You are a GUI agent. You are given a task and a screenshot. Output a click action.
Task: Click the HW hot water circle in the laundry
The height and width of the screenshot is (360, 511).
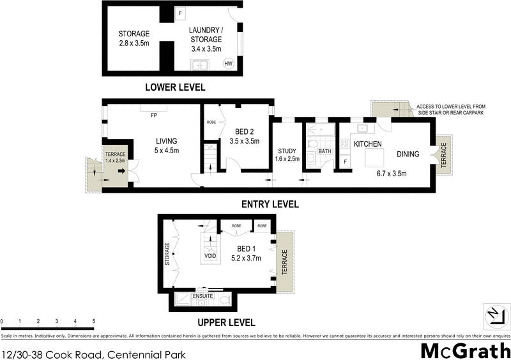pyautogui.click(x=227, y=63)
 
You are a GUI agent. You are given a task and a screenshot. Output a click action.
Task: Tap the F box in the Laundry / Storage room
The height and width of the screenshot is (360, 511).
pyautogui.click(x=180, y=12)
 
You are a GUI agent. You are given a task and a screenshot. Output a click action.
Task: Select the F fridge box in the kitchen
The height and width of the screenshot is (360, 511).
pyautogui.click(x=345, y=162)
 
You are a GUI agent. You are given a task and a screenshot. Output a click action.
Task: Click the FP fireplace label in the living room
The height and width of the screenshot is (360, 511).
pyautogui.click(x=154, y=116)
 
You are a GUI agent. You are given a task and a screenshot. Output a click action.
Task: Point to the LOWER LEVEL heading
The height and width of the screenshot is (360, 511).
pyautogui.click(x=175, y=87)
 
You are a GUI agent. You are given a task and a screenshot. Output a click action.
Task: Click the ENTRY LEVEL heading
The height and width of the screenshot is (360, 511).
pyautogui.click(x=270, y=204)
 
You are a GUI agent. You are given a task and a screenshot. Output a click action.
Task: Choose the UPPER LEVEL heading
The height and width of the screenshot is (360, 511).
pyautogui.click(x=226, y=322)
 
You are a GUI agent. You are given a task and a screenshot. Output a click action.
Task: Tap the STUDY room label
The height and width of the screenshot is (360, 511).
pyautogui.click(x=286, y=151)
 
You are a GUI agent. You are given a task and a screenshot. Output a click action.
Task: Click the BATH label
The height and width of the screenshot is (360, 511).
pyautogui.click(x=325, y=151)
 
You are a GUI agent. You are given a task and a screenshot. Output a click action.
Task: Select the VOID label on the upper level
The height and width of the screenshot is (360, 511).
pyautogui.click(x=210, y=256)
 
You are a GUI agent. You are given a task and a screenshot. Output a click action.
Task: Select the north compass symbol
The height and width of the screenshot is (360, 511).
pyautogui.click(x=494, y=314)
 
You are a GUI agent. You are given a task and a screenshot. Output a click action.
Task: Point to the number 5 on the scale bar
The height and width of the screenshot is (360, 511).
pyautogui.click(x=94, y=321)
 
